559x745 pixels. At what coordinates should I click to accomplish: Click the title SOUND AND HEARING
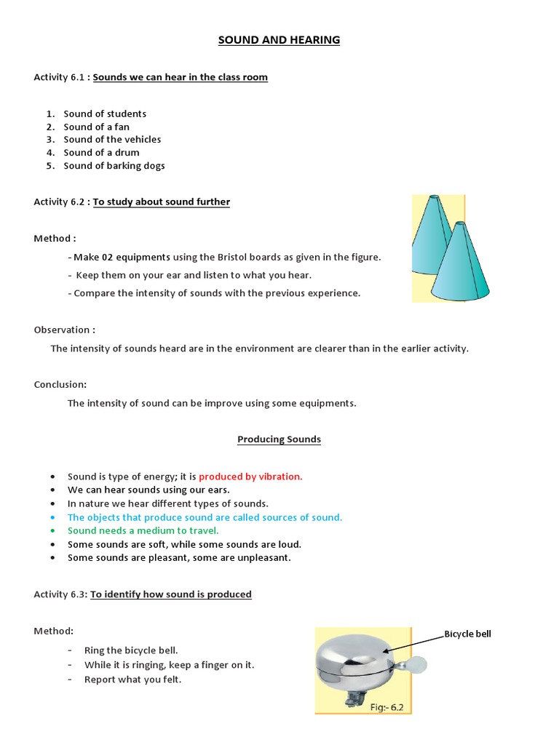[279, 40]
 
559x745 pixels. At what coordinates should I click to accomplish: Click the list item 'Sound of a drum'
[101, 152]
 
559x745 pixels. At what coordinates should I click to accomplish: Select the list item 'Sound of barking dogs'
[114, 165]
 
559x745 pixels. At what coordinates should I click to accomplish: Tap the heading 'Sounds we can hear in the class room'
[181, 77]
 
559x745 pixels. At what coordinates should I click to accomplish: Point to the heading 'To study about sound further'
[162, 202]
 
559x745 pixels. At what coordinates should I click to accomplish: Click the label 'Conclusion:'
[60, 384]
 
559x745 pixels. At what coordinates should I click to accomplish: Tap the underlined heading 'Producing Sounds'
[279, 439]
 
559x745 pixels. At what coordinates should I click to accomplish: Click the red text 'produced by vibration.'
[250, 477]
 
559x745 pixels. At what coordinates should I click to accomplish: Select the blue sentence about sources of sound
[205, 517]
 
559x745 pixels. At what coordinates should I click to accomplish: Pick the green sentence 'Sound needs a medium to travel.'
[143, 530]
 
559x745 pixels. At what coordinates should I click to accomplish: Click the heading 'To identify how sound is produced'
[172, 594]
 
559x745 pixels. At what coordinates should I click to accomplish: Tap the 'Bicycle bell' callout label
[467, 634]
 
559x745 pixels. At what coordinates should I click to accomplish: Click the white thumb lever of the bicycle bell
[418, 664]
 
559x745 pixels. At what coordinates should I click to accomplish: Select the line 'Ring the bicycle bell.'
[131, 650]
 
